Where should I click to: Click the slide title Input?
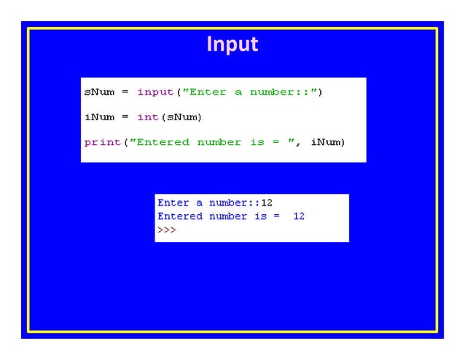coord(232,44)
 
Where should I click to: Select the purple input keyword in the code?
coord(155,92)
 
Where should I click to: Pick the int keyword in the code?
coord(148,117)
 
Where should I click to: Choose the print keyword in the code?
coord(102,142)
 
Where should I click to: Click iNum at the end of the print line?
coord(327,142)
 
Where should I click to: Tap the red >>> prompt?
coord(167,230)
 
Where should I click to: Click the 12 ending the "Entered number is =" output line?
coord(299,216)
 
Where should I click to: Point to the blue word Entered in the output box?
coord(180,216)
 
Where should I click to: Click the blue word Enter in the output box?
coord(173,203)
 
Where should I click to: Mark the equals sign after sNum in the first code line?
coord(125,92)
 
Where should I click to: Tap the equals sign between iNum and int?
coord(125,117)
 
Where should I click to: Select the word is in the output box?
coord(260,216)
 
